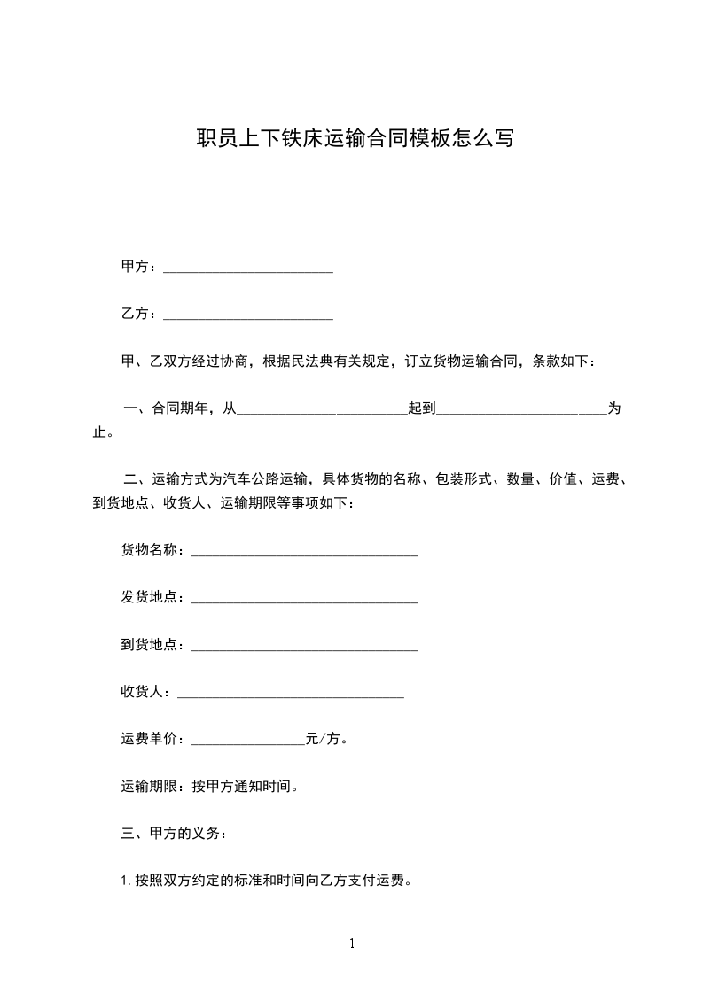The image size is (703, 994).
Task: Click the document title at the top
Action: point(354,138)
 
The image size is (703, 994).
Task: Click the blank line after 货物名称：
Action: point(304,553)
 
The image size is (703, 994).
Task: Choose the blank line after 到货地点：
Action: point(304,647)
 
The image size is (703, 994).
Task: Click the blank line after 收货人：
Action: point(291,694)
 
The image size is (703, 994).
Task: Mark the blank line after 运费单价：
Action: point(247,741)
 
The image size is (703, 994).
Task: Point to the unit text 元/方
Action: point(323,739)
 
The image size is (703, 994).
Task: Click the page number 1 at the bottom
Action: point(352,944)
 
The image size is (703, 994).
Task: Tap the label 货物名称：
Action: point(154,551)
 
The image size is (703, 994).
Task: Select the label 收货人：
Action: point(148,692)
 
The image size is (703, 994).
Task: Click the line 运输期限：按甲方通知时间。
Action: point(215,786)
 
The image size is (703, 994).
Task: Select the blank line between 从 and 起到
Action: point(322,411)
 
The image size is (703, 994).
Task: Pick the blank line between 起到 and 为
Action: point(521,411)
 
